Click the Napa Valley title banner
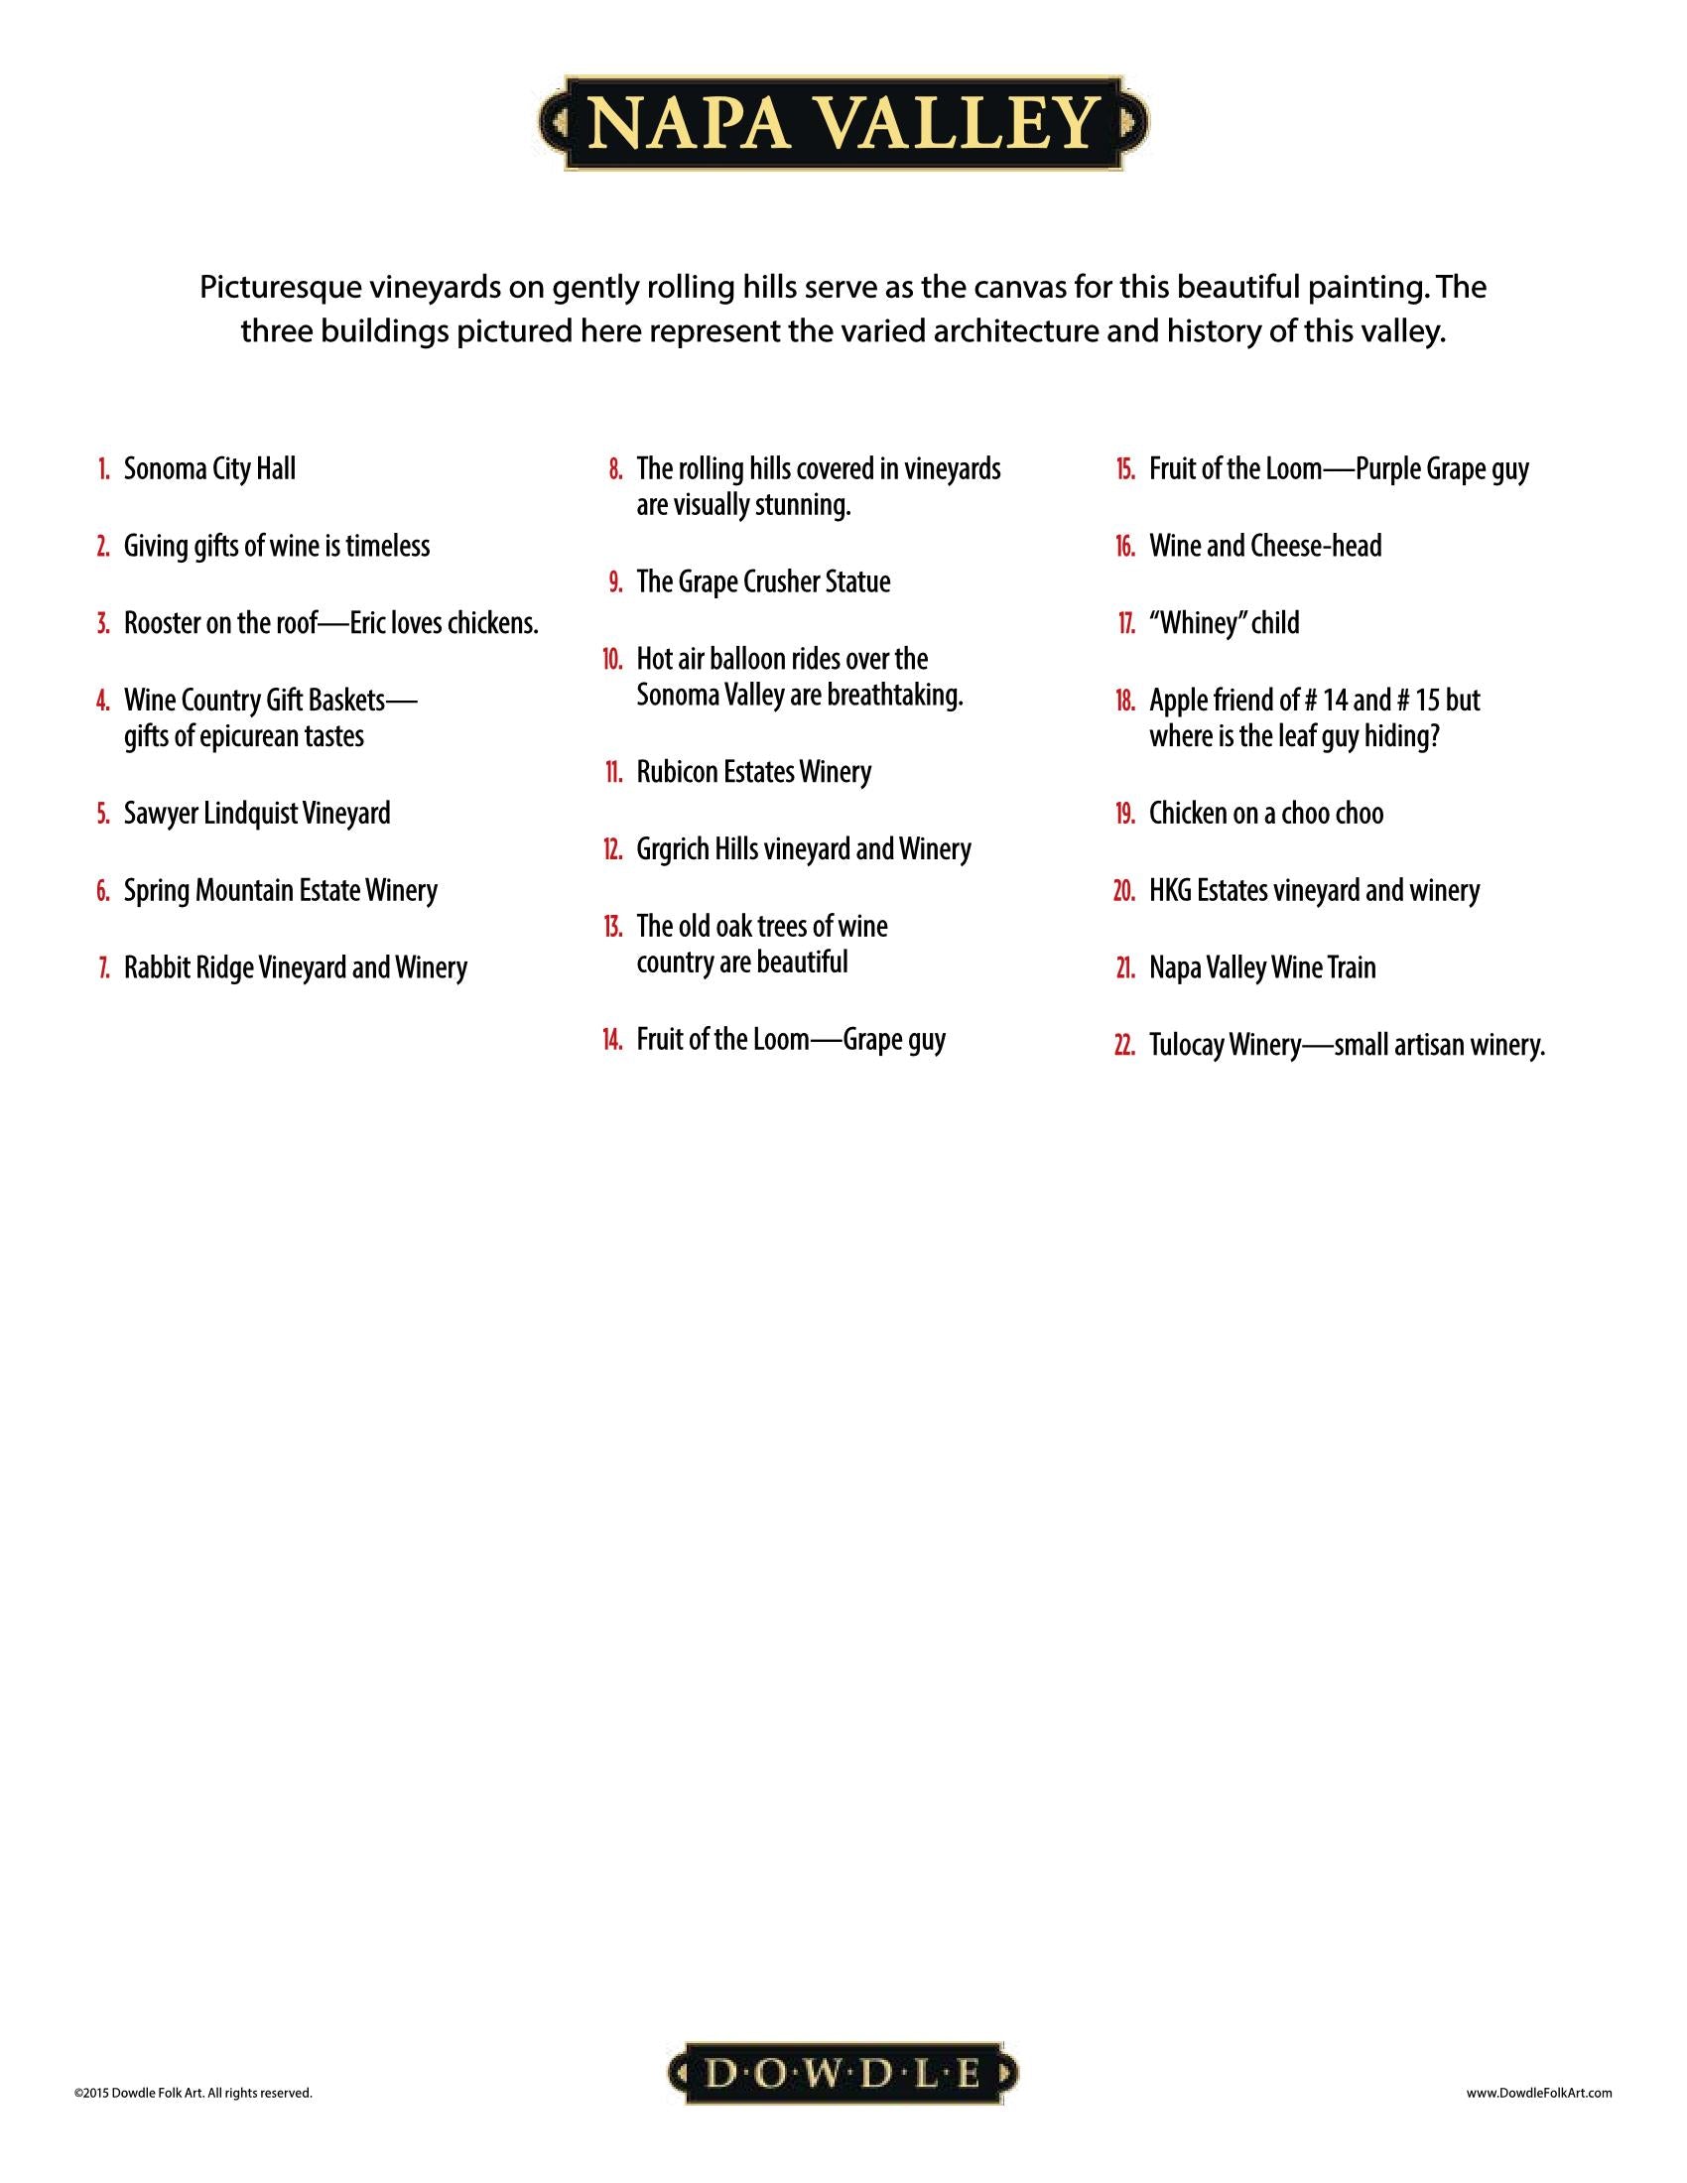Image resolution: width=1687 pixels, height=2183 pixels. [843, 123]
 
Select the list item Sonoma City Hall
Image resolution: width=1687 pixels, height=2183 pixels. [208, 468]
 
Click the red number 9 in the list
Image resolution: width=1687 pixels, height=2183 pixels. [615, 581]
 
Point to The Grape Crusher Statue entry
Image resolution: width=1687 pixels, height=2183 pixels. [762, 581]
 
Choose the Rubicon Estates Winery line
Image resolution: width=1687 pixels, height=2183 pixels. [753, 772]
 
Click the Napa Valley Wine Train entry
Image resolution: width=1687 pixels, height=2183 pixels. [1261, 967]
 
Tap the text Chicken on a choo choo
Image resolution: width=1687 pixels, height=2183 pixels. [1265, 813]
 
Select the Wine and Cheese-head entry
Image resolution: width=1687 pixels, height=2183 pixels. [1264, 546]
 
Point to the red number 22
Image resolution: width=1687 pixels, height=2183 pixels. [1124, 1046]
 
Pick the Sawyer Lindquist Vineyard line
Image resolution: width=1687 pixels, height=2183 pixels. [257, 813]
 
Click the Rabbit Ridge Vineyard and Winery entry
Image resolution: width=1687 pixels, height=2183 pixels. [295, 967]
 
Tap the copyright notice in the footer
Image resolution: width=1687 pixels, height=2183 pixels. [193, 2090]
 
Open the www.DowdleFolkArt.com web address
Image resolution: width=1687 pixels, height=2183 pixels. [1539, 2090]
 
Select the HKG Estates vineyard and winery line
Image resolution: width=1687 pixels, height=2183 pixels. [1313, 890]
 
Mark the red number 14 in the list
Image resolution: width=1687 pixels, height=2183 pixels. [612, 1040]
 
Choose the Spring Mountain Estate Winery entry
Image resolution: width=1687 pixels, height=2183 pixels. [280, 890]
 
